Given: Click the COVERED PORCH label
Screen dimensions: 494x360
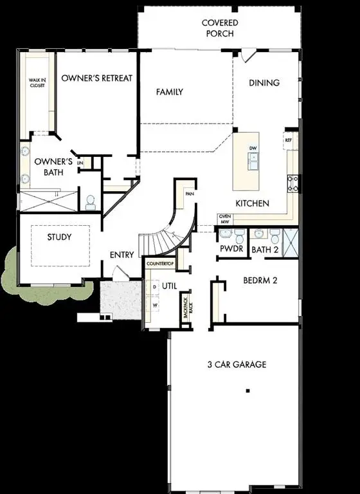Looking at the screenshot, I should point(220,28).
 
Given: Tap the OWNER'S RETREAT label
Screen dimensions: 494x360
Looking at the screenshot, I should point(96,78).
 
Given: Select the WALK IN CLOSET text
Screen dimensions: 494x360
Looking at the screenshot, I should point(37,83).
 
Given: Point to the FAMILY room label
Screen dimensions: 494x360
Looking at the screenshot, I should point(170,92).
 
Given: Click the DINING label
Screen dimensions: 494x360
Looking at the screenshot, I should point(264,82).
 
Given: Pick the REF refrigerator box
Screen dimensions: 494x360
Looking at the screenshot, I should point(289,139).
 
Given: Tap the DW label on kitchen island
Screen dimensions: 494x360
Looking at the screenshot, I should point(253,149).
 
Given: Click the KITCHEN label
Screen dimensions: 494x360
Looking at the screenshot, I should point(252,203).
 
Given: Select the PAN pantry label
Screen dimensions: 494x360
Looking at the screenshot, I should point(189,193).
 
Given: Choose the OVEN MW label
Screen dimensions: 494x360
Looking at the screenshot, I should point(224,219).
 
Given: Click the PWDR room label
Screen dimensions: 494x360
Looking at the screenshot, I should point(230,248).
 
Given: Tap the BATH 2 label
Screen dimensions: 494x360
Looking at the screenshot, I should point(264,249).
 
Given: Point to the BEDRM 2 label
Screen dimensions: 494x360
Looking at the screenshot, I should point(260,280).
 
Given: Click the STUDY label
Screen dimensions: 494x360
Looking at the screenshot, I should point(59,237).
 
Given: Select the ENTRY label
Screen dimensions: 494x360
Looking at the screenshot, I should point(122,255).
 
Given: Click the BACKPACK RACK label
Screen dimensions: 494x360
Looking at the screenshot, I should point(187,311).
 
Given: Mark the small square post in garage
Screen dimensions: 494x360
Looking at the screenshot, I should point(248,390).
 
